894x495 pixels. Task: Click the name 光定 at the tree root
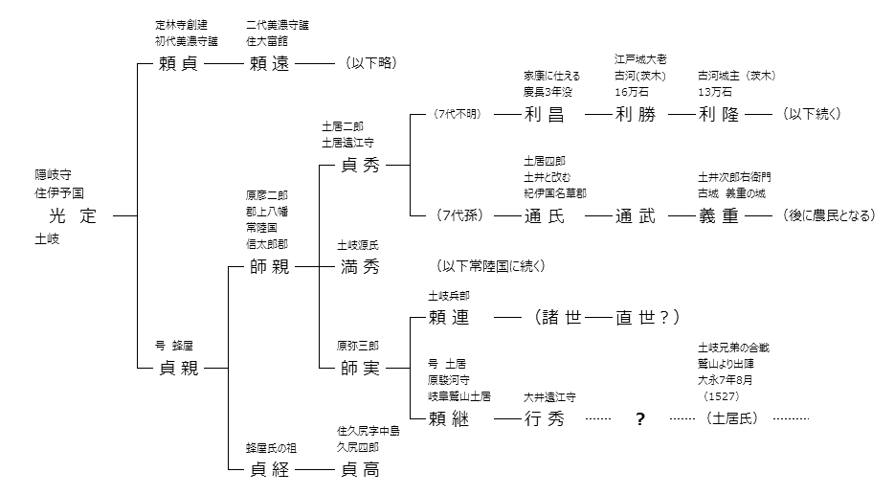(73, 215)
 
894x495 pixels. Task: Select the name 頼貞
(179, 64)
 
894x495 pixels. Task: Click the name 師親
(269, 266)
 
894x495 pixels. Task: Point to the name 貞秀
(361, 165)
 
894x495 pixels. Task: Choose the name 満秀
(361, 266)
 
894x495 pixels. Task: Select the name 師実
(361, 368)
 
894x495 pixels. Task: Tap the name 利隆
(719, 115)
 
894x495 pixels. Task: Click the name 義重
(719, 216)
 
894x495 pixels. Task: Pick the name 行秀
(545, 418)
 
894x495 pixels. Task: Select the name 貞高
(361, 469)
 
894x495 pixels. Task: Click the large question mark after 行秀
(639, 419)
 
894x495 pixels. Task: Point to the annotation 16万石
(633, 92)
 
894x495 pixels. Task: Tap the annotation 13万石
(715, 92)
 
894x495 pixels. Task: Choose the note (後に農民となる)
(829, 216)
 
